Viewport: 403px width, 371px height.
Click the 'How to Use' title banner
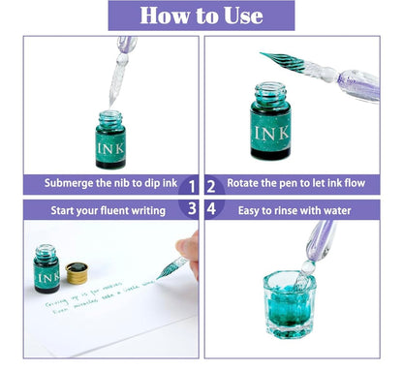[x=201, y=15]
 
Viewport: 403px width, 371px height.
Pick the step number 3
[x=192, y=208]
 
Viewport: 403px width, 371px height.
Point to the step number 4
[x=212, y=208]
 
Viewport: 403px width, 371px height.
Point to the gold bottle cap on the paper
[x=76, y=273]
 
